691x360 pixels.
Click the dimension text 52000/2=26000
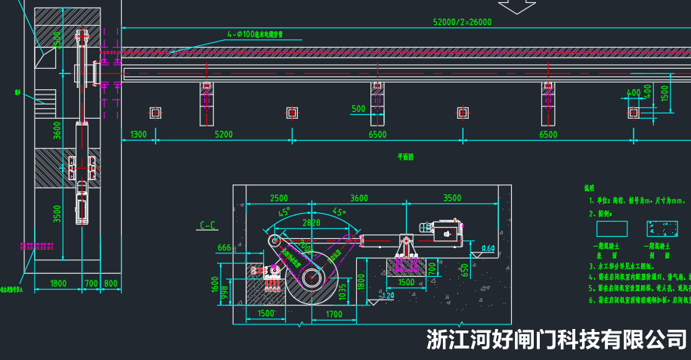(462, 22)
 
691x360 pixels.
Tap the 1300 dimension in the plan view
(138, 135)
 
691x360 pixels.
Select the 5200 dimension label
(224, 135)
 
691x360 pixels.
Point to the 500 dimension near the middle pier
(359, 109)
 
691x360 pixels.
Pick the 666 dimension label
(224, 248)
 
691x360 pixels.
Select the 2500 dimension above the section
(278, 198)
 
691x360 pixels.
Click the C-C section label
(208, 225)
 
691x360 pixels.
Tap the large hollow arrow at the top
(518, 7)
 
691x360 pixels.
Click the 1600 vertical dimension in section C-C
(214, 285)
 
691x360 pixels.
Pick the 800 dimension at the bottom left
(111, 283)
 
